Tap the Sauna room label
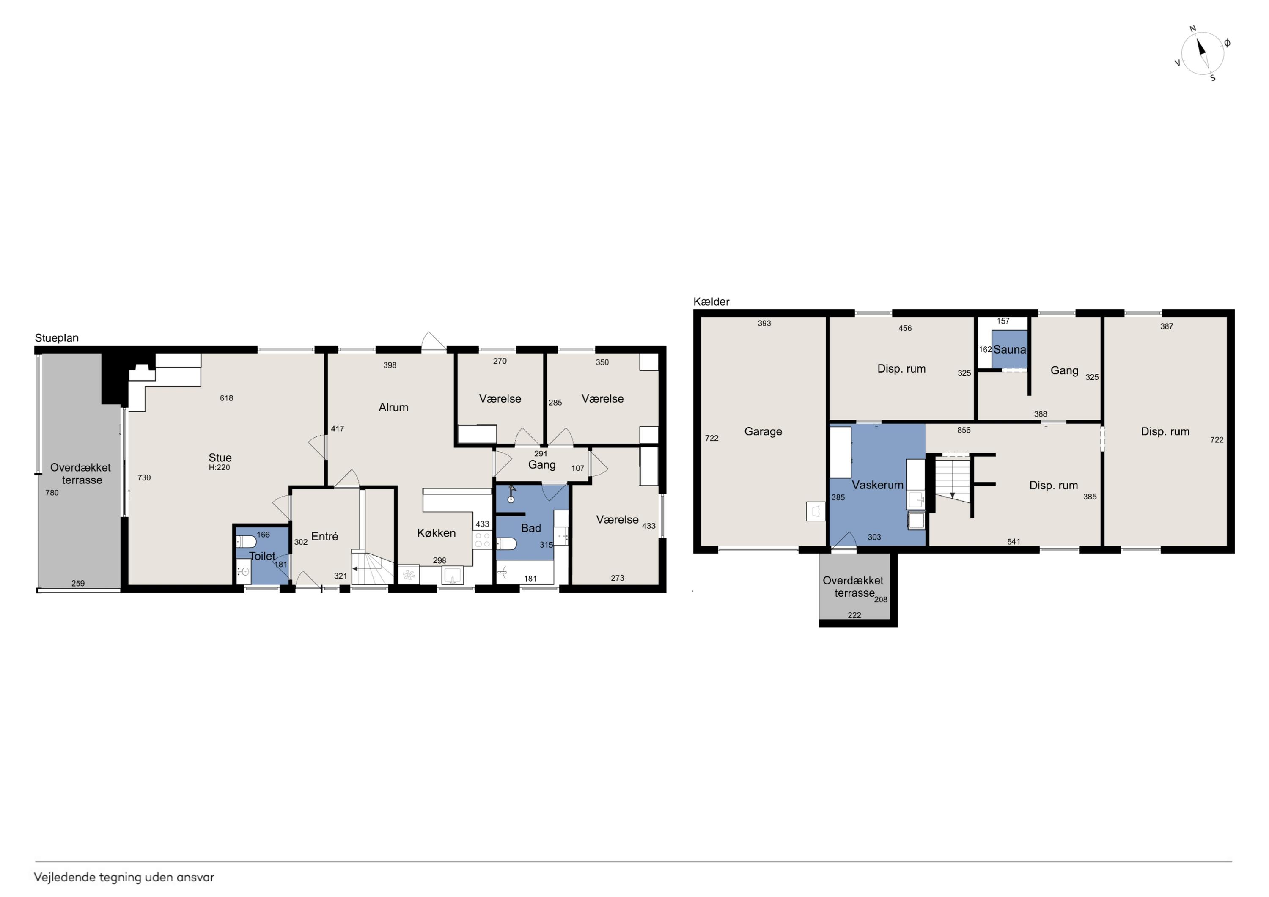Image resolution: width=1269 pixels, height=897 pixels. (x=1009, y=349)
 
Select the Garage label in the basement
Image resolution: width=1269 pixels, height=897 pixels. (x=763, y=431)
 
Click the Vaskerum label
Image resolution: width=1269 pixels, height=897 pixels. (x=877, y=485)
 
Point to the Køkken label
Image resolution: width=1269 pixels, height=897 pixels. (x=436, y=533)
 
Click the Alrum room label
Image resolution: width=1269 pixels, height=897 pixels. (x=393, y=407)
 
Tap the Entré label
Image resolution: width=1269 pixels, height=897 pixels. (x=324, y=536)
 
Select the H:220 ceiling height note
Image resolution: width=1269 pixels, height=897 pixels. (x=220, y=468)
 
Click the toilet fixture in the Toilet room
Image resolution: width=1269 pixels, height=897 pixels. (x=246, y=541)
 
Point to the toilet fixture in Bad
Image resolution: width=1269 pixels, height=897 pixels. (x=506, y=544)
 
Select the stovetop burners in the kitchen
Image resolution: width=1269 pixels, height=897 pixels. (x=482, y=540)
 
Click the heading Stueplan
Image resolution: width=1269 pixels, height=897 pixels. (x=57, y=337)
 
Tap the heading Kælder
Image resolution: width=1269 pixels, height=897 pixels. (x=711, y=302)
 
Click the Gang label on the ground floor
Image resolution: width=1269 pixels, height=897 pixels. (x=541, y=465)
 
